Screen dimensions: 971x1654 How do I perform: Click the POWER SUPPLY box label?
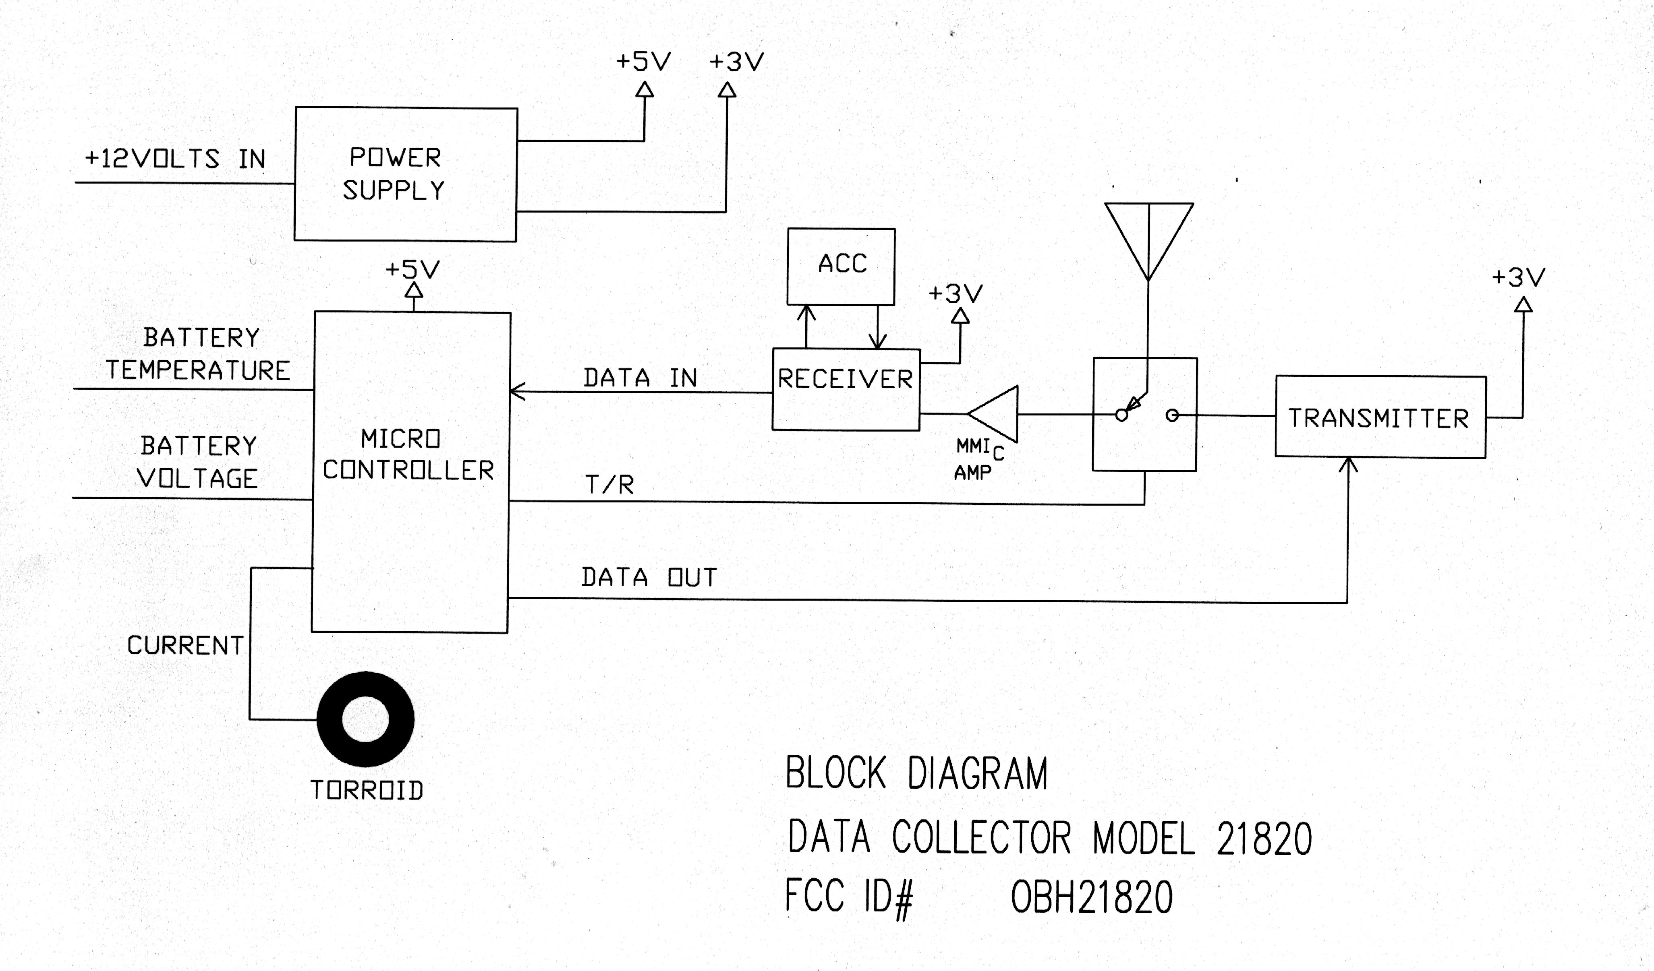click(x=394, y=174)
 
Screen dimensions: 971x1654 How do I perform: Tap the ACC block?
click(x=842, y=265)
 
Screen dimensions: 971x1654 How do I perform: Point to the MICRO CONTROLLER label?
click(x=408, y=455)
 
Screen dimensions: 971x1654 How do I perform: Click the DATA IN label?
click(x=640, y=378)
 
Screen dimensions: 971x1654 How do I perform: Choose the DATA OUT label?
click(x=649, y=577)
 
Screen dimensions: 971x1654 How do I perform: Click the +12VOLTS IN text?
click(x=175, y=159)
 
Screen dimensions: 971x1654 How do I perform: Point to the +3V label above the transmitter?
click(x=1518, y=277)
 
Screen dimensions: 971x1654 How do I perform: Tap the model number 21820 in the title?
click(x=1264, y=839)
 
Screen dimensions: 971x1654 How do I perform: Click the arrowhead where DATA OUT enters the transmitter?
click(x=1348, y=465)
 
